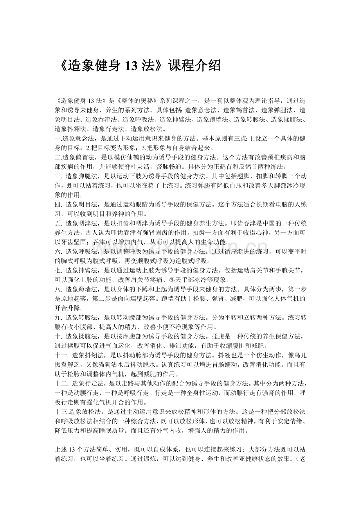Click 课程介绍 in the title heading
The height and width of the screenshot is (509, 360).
194,65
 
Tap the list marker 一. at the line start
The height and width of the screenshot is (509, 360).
58,138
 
